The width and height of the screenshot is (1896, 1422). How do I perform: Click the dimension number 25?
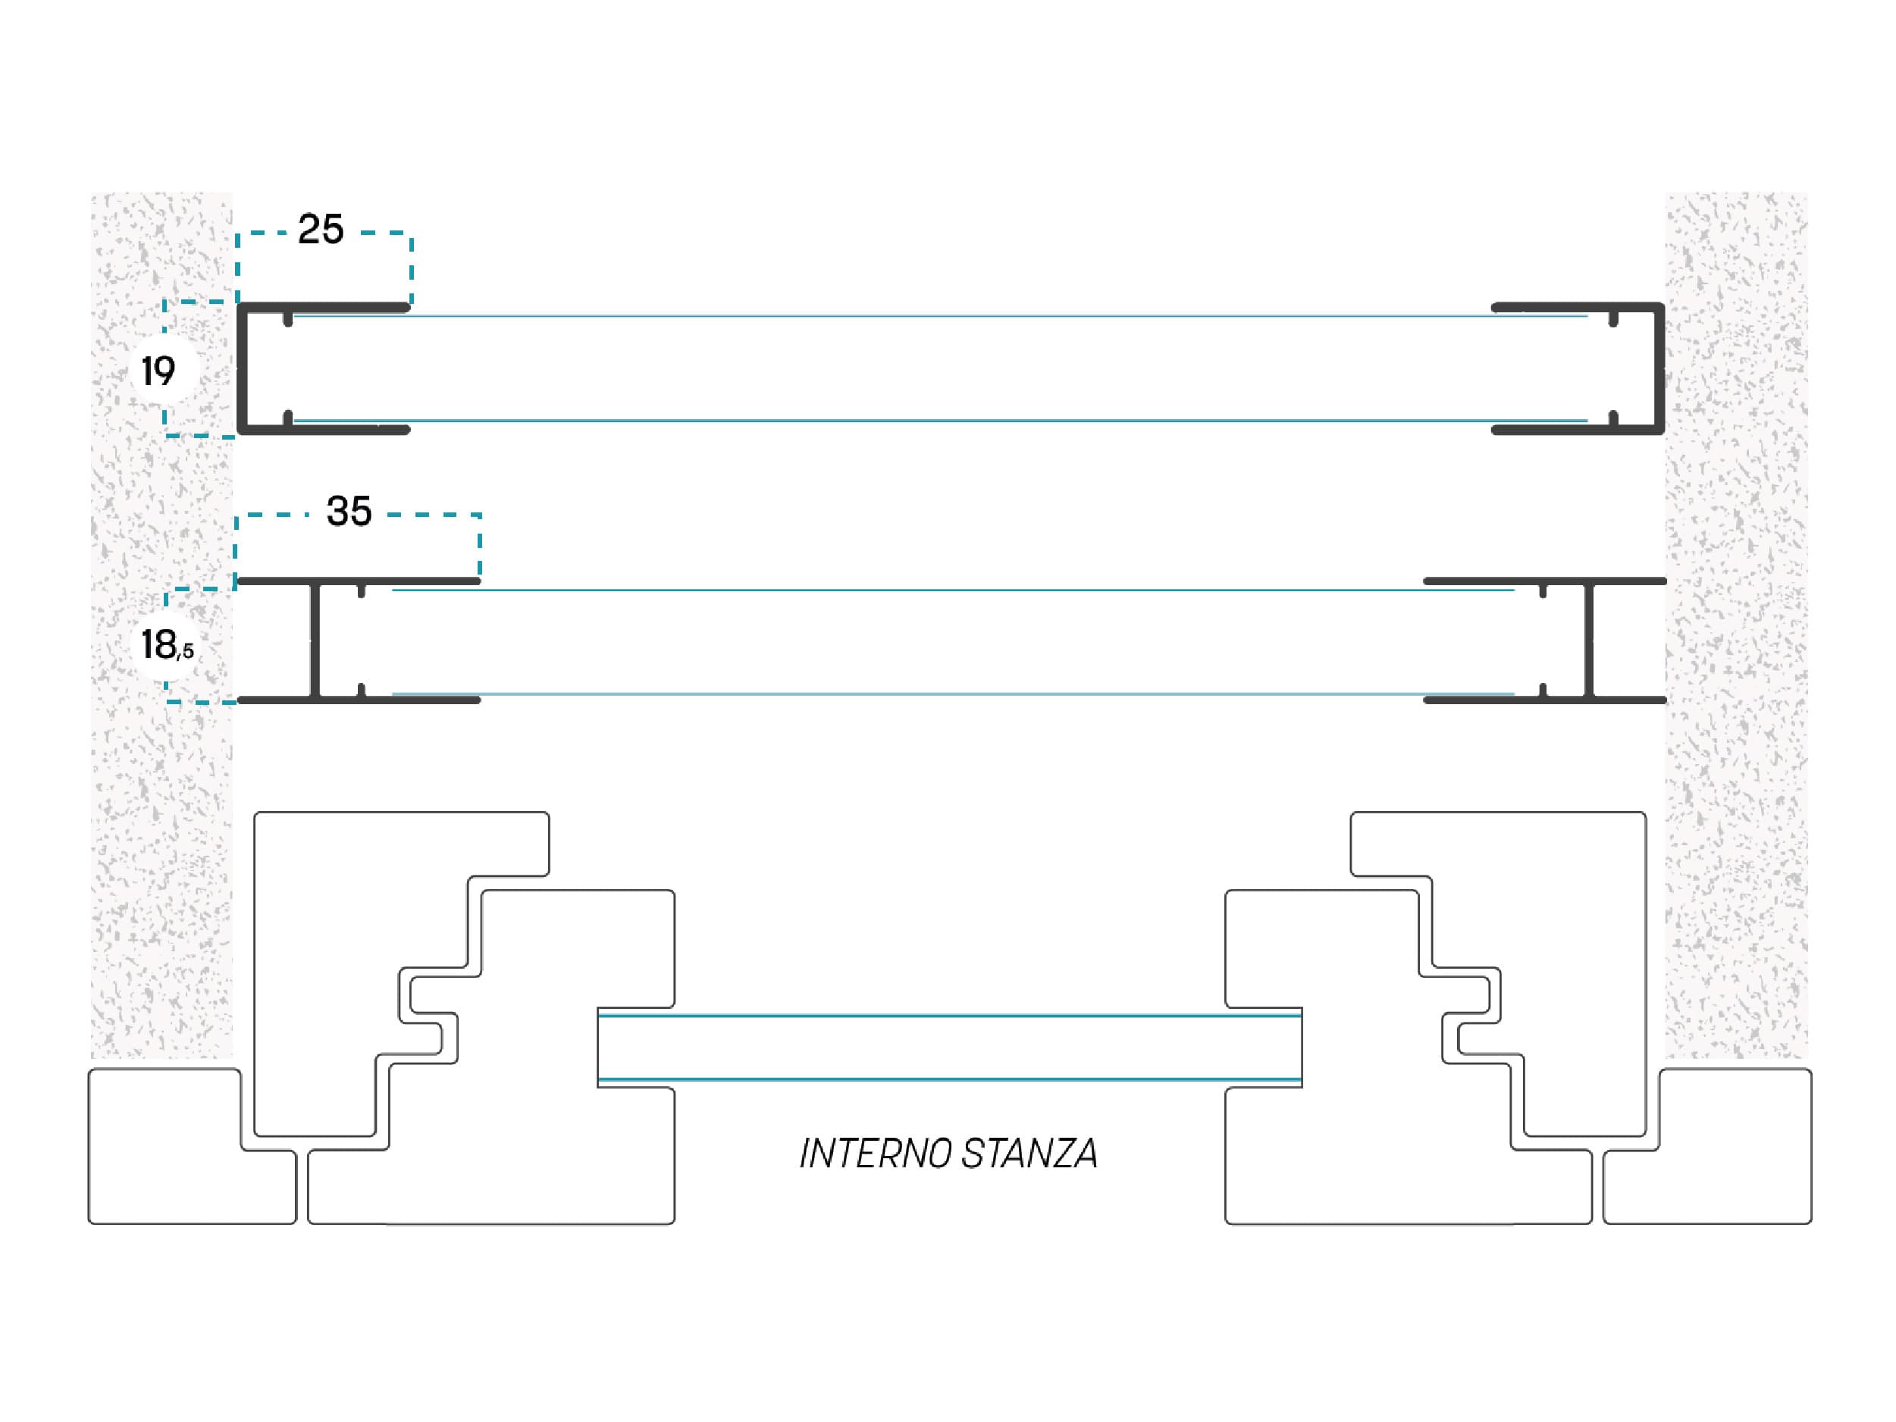(x=321, y=230)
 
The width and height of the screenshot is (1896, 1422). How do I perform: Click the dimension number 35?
(x=349, y=512)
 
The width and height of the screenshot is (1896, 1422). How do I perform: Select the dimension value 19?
(x=158, y=371)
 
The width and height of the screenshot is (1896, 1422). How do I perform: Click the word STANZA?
(x=1029, y=1154)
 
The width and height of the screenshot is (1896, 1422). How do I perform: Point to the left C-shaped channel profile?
(x=243, y=368)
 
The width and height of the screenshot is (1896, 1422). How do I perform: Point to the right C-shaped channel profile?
(x=1659, y=368)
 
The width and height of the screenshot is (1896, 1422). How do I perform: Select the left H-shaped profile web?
(x=315, y=641)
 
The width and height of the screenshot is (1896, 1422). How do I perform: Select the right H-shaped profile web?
(x=1588, y=641)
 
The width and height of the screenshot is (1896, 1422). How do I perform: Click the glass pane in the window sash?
(x=950, y=1048)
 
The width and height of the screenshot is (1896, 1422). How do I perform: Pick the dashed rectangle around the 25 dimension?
(x=412, y=268)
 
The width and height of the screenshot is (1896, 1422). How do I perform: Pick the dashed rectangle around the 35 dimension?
(x=479, y=546)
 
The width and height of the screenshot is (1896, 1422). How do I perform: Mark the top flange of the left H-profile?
(x=359, y=581)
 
